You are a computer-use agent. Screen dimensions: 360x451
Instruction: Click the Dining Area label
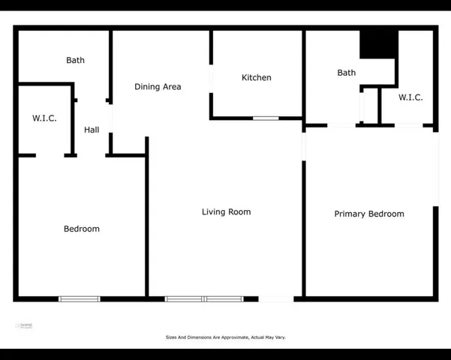click(158, 87)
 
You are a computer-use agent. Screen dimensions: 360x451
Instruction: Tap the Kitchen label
click(257, 78)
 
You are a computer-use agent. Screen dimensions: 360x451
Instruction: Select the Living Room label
click(226, 212)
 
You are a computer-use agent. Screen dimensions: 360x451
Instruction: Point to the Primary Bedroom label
click(369, 214)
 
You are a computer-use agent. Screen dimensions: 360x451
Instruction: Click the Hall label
click(92, 130)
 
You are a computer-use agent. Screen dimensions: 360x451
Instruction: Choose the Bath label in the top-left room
click(76, 61)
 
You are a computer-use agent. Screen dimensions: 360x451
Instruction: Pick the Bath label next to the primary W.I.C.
click(347, 73)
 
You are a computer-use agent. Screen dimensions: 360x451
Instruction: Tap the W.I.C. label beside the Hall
click(44, 118)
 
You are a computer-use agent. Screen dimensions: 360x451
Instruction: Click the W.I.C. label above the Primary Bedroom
click(410, 97)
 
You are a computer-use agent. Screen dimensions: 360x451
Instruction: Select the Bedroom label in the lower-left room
click(82, 229)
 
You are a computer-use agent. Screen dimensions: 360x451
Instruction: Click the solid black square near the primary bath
click(377, 45)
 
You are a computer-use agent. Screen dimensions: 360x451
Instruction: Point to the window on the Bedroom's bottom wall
click(80, 299)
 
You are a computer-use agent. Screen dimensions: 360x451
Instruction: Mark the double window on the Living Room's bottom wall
click(204, 299)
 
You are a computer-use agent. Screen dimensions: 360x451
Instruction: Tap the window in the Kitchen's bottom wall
click(266, 118)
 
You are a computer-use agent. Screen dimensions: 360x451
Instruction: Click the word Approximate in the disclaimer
click(232, 337)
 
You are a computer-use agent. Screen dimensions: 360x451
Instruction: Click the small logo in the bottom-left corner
click(24, 326)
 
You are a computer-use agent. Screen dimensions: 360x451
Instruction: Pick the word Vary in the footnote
click(280, 337)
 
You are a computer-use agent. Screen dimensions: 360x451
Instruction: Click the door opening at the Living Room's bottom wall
click(276, 299)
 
